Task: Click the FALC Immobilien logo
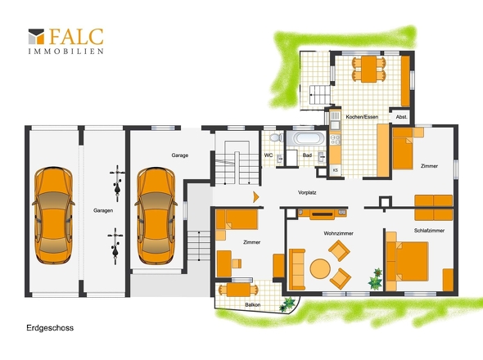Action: click(66, 41)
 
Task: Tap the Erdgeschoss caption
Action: click(50, 327)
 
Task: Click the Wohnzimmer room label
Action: click(338, 233)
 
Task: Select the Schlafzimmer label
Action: click(429, 231)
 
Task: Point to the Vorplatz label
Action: click(307, 193)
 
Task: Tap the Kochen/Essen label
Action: click(362, 117)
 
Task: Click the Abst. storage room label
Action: click(401, 117)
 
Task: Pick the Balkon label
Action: click(253, 305)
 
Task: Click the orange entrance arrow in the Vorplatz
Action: click(256, 197)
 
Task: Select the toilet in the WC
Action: click(277, 137)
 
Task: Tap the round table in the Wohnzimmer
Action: click(320, 268)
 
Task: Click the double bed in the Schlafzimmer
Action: click(407, 261)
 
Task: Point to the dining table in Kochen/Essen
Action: click(368, 69)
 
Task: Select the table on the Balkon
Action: click(238, 290)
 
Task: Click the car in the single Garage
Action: click(156, 216)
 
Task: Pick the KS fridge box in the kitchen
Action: click(336, 170)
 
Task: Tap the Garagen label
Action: click(103, 210)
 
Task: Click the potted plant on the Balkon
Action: click(287, 304)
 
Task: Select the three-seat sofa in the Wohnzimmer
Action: click(297, 269)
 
